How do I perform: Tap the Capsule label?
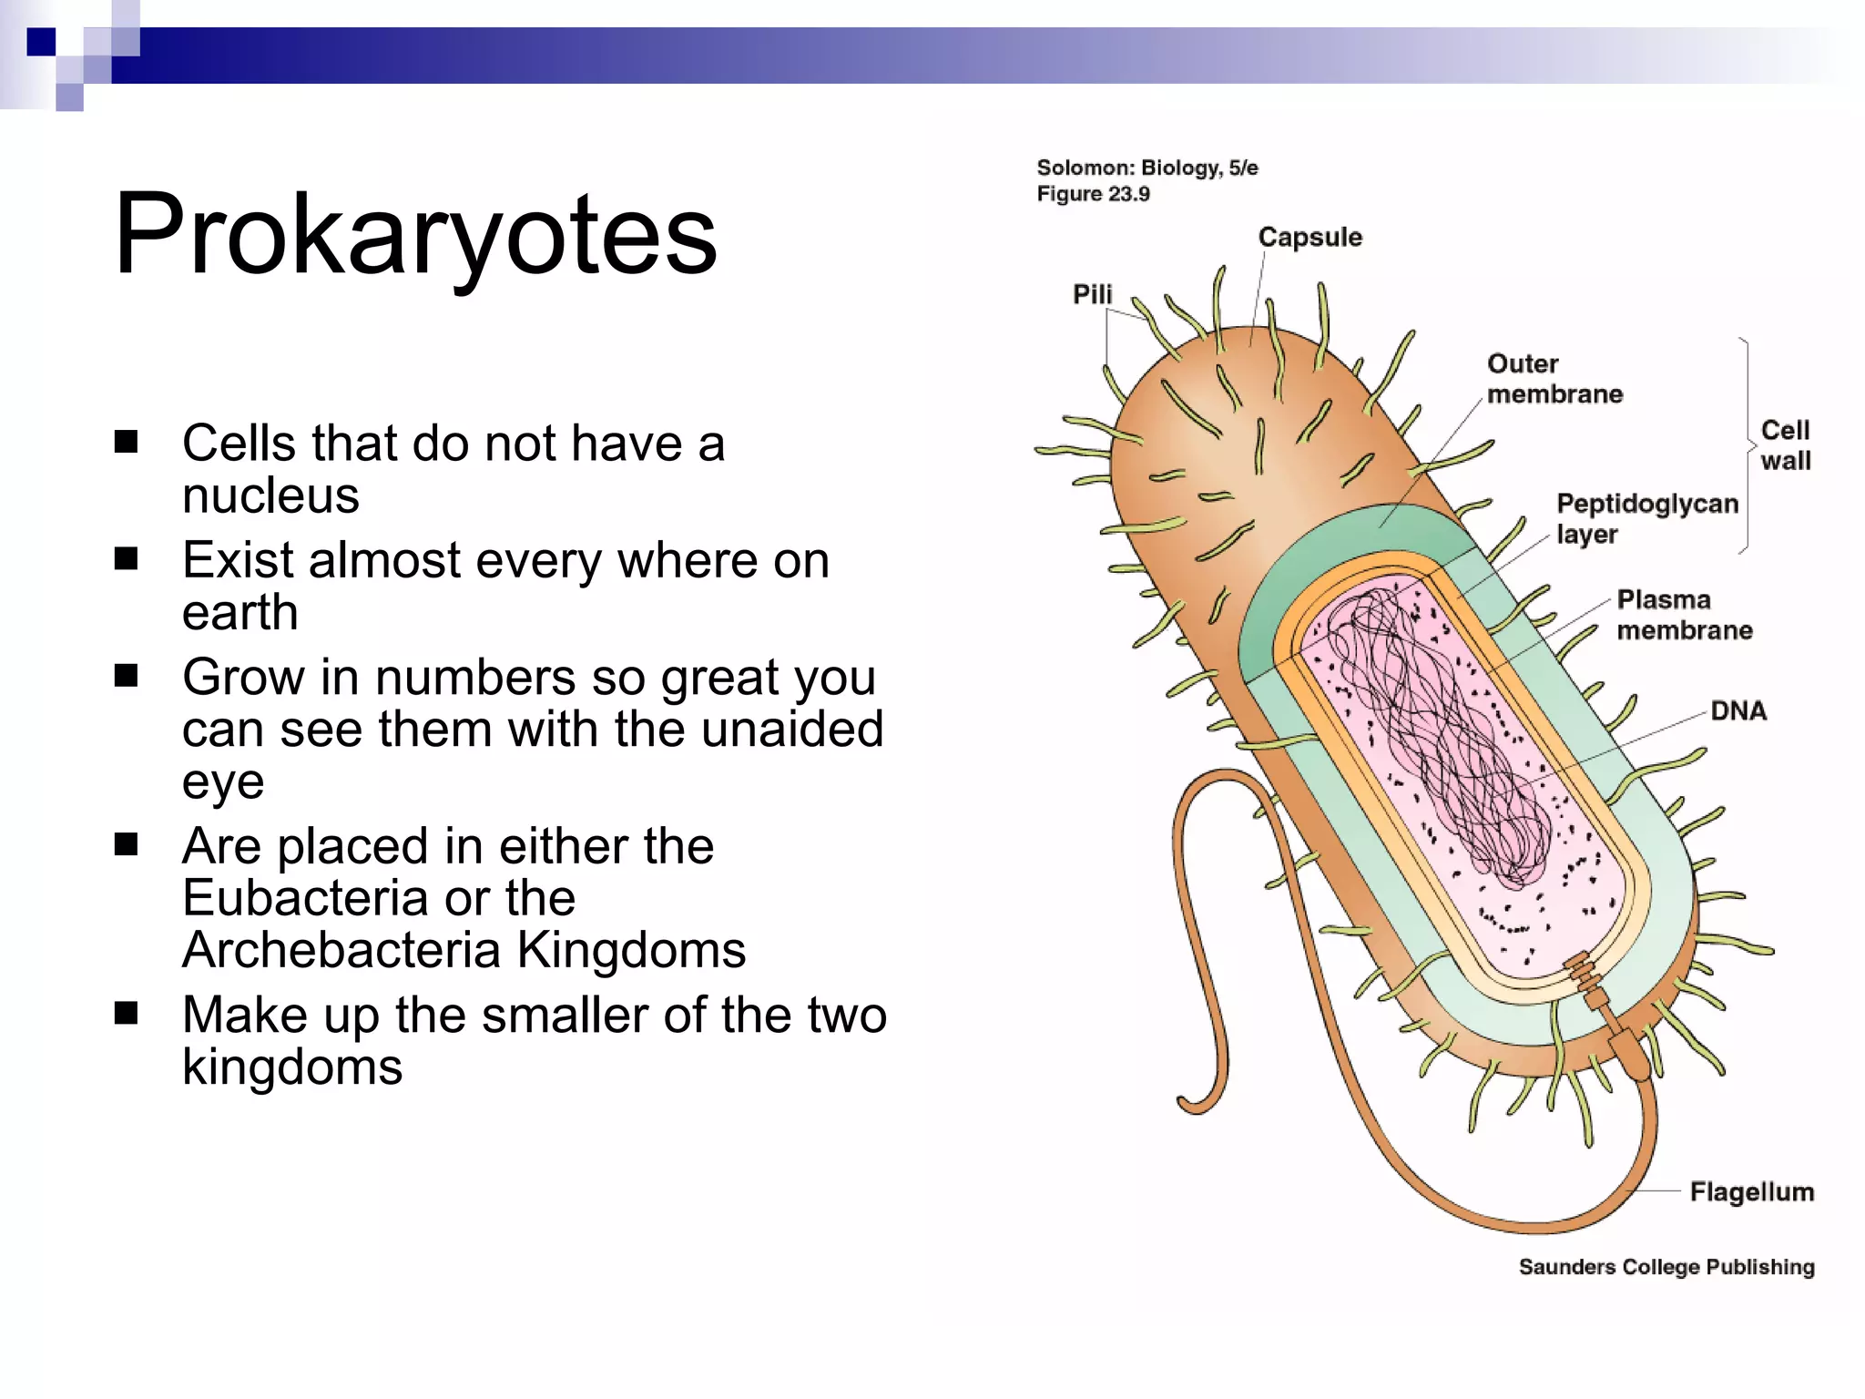click(x=1310, y=237)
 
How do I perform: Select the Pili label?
click(x=1092, y=294)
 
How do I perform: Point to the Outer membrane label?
click(x=1554, y=379)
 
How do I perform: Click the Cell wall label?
click(x=1785, y=445)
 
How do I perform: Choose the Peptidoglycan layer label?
click(x=1646, y=518)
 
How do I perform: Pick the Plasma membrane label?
click(x=1684, y=615)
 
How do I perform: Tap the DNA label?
click(x=1738, y=710)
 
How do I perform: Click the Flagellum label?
click(x=1751, y=1191)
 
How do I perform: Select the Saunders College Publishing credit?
click(x=1666, y=1267)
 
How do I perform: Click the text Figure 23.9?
click(x=1093, y=194)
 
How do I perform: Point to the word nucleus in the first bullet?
click(x=270, y=495)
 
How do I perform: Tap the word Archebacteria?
click(x=341, y=950)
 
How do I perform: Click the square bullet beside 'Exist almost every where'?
click(x=126, y=558)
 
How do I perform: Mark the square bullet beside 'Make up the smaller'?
click(x=126, y=1013)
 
